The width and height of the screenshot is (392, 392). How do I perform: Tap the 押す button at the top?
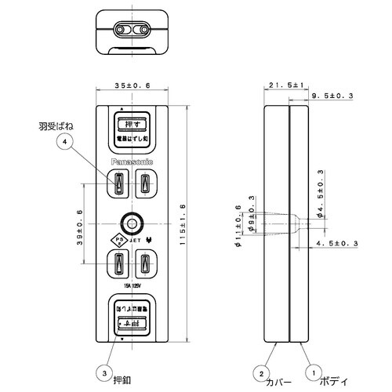(x=131, y=124)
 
